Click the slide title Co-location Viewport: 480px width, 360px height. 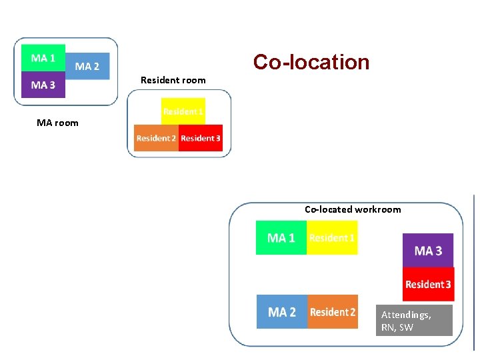311,62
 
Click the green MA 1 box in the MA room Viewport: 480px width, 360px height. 43,58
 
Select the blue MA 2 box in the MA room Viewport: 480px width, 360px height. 87,66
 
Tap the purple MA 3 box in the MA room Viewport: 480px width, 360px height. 43,85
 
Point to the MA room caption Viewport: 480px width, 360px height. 57,123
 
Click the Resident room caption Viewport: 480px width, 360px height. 173,80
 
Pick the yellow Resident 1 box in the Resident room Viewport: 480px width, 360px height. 183,111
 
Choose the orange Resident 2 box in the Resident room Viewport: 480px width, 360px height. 156,138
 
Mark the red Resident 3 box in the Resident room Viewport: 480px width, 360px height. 201,138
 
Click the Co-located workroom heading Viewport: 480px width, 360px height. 353,209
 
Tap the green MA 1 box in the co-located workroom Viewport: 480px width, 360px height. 281,238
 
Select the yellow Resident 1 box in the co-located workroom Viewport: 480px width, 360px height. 332,238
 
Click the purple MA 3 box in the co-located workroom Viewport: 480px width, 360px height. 428,251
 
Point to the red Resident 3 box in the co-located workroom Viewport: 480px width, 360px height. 428,284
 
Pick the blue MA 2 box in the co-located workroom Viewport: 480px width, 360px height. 282,312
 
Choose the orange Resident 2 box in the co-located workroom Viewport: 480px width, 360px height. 333,312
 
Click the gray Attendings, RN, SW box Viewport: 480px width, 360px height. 414,321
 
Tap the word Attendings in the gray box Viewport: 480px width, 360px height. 406,315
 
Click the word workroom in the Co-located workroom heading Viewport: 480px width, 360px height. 378,209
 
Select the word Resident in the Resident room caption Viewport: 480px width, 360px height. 159,80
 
